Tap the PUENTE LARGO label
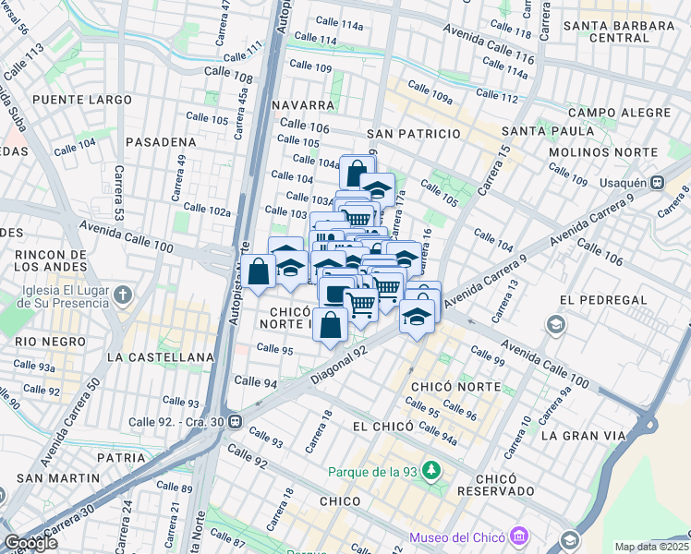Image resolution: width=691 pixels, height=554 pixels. [73, 99]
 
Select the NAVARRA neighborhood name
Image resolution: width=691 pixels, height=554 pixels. [303, 105]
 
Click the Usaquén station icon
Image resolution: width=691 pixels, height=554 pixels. [658, 183]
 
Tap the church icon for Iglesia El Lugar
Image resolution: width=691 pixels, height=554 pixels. [125, 295]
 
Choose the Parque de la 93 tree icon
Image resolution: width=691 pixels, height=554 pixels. [430, 472]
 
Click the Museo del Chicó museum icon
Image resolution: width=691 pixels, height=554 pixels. [518, 536]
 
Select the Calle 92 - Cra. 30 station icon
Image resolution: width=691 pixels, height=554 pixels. [236, 423]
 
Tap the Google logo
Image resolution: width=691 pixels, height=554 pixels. [30, 543]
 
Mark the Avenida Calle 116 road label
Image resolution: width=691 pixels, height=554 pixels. [489, 43]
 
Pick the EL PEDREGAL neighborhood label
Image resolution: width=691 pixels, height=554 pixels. [594, 300]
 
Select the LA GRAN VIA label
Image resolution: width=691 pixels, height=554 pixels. [577, 434]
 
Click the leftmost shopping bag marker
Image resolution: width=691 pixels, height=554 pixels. [260, 271]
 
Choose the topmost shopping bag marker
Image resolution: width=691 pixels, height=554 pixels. [357, 172]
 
